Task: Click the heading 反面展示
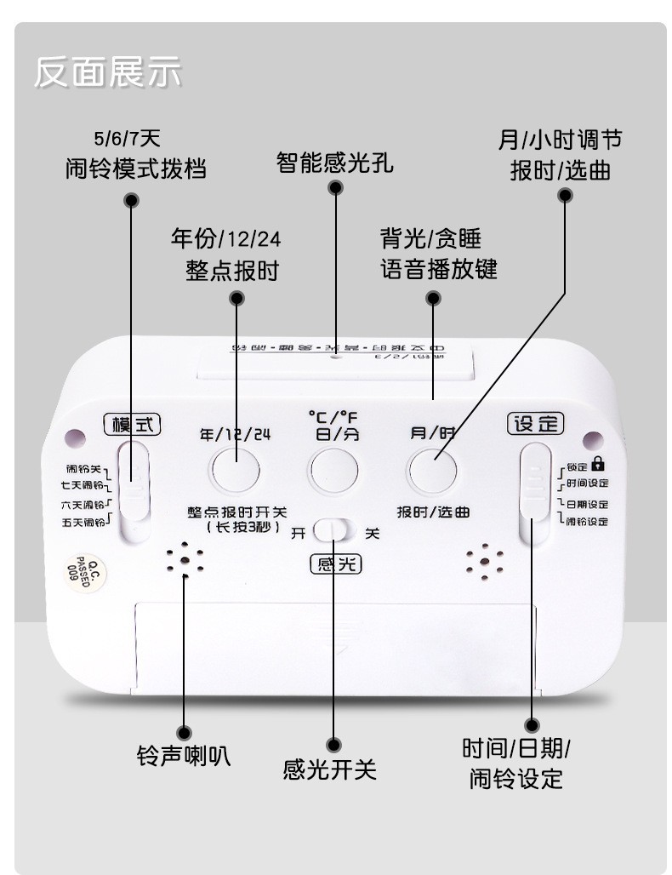[108, 72]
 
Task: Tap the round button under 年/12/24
[236, 469]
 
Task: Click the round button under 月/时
[432, 469]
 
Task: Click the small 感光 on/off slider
[333, 532]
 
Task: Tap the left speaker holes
[185, 561]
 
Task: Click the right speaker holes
[484, 562]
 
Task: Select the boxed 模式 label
[132, 423]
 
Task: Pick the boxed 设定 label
[536, 423]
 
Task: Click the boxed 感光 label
[335, 563]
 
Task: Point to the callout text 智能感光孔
[335, 163]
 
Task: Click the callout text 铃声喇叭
[184, 755]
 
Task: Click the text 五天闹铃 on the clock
[83, 522]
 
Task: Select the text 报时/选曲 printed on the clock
[433, 512]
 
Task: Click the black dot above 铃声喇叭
[184, 732]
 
